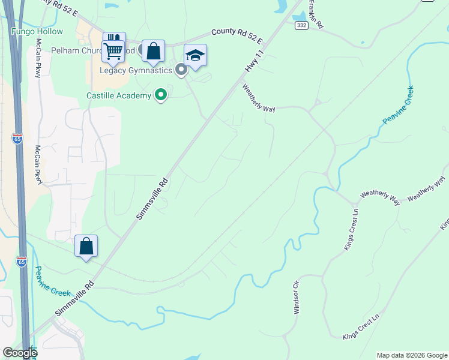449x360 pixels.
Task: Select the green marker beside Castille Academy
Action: pos(160,95)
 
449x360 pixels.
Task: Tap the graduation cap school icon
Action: pos(195,56)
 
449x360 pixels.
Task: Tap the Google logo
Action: pos(20,353)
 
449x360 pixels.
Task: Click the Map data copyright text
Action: pos(411,355)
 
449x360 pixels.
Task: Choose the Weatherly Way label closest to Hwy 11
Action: pos(259,98)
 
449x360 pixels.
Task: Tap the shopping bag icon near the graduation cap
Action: pos(154,52)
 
